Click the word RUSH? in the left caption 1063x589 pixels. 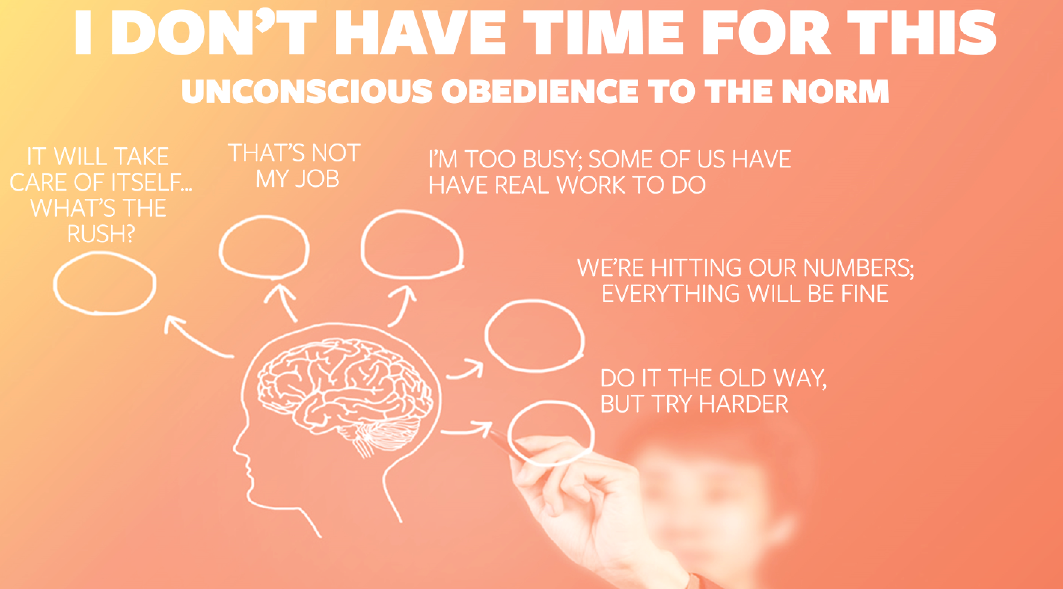101,234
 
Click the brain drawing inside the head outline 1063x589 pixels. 344,396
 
